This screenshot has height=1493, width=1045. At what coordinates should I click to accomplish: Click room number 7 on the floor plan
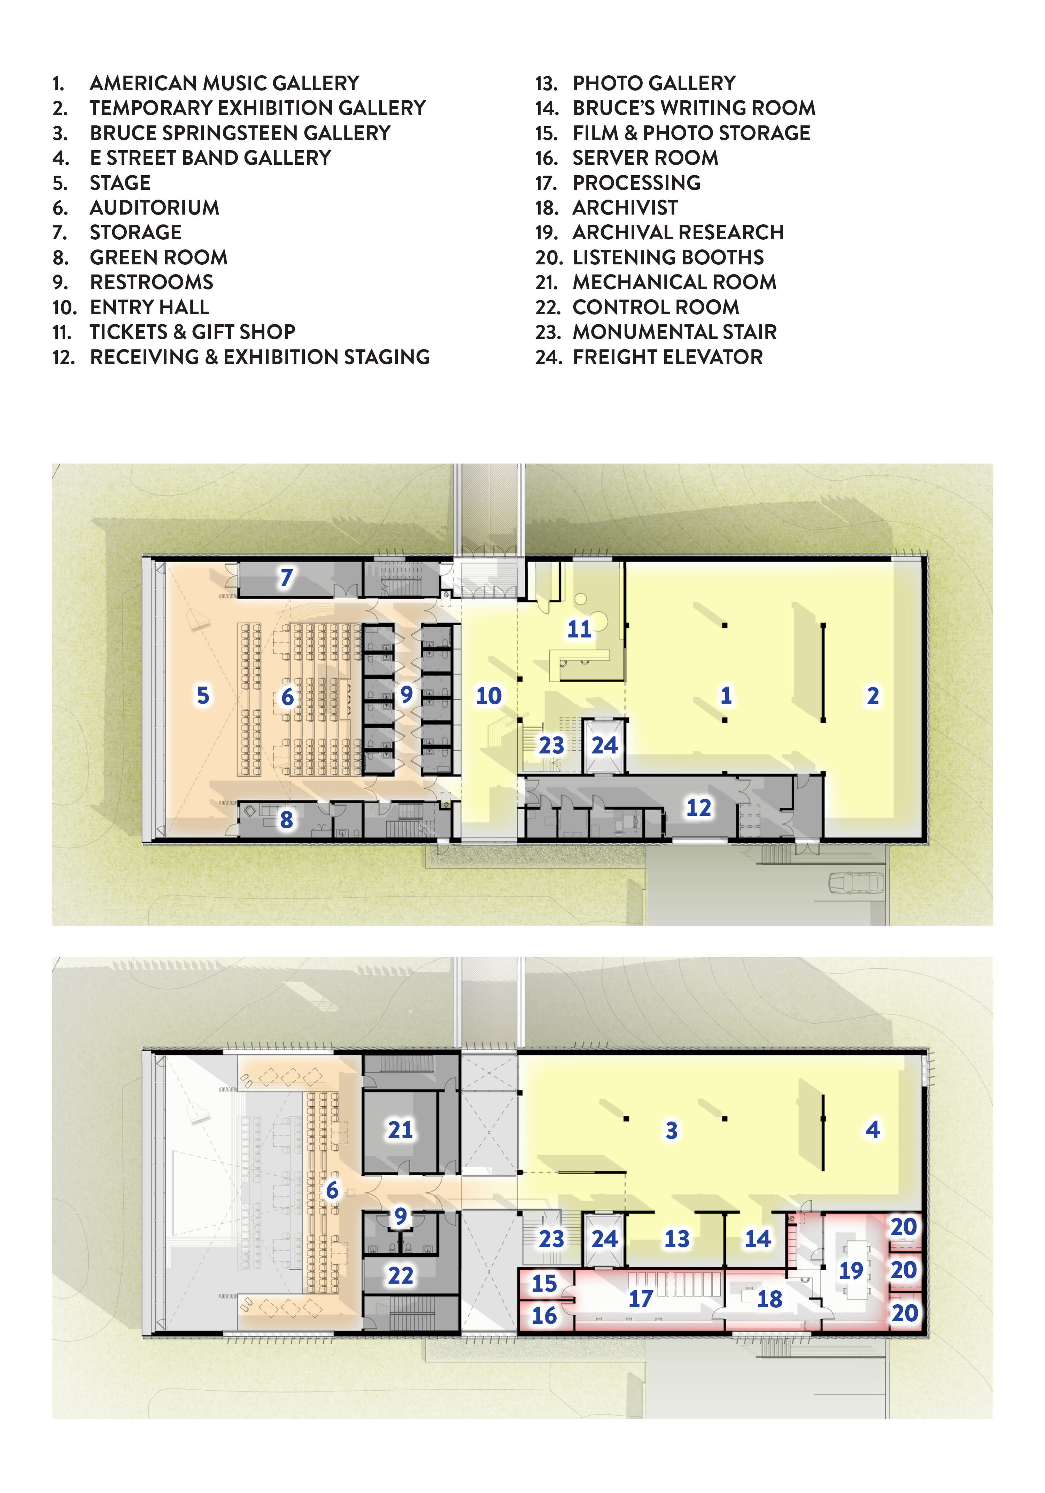pos(286,578)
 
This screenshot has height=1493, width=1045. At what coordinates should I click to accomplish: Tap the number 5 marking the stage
pos(203,695)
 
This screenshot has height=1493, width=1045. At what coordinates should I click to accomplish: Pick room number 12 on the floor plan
pos(699,807)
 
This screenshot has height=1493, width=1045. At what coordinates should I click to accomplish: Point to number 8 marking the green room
pos(286,820)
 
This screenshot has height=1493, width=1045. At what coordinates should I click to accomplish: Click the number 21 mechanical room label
pos(401,1130)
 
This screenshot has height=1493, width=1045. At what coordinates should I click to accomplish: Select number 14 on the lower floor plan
pos(758,1239)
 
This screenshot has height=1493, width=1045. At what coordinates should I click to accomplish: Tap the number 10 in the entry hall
pos(489,696)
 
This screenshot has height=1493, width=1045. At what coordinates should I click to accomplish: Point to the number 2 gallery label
pos(873,696)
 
